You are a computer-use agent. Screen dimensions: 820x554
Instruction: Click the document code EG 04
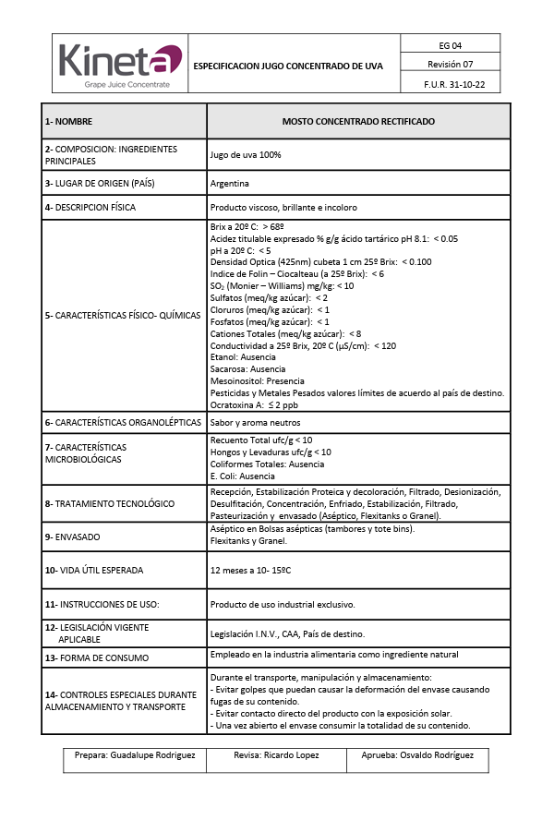[451, 45]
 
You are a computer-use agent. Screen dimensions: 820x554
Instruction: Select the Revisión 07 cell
[451, 65]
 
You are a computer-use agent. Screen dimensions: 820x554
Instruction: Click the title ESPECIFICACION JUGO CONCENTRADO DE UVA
[288, 66]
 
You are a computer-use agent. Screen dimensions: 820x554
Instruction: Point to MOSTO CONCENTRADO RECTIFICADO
[358, 122]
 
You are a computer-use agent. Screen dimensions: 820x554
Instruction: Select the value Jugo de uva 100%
[246, 155]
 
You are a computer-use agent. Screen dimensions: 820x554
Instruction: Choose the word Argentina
[230, 184]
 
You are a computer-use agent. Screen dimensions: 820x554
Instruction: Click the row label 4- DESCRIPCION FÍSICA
[90, 208]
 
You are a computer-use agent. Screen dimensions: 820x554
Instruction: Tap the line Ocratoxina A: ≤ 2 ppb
[254, 404]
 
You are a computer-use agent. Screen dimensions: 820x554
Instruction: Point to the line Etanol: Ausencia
[244, 356]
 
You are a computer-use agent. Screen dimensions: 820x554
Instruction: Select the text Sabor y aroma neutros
[254, 422]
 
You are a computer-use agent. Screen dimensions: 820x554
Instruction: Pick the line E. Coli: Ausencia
[243, 476]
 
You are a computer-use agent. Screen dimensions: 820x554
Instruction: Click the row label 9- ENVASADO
[73, 537]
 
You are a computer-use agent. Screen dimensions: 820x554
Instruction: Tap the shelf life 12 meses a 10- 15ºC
[251, 571]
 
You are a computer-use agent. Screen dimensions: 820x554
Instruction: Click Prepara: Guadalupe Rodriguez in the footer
[135, 755]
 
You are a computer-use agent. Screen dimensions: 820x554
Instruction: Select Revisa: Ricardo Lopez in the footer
[276, 755]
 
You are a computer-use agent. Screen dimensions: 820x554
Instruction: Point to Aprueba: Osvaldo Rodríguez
[415, 755]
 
